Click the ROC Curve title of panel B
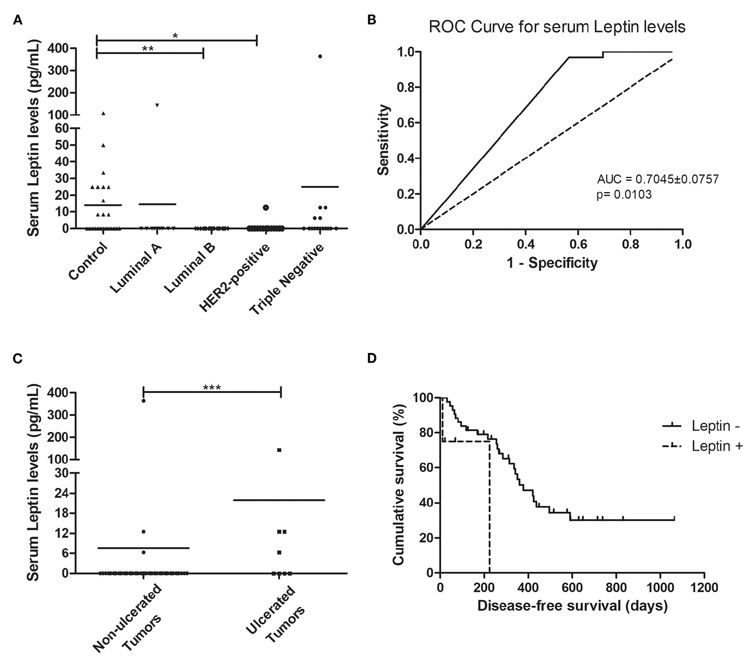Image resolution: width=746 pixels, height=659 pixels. [x=557, y=27]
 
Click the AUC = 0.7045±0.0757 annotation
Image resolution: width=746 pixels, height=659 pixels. [x=658, y=179]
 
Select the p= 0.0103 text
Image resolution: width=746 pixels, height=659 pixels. [x=624, y=195]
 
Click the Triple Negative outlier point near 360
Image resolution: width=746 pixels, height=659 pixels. [x=320, y=56]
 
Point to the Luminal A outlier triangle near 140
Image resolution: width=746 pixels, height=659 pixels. [x=157, y=105]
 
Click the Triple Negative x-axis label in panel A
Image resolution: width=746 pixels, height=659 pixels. [x=287, y=279]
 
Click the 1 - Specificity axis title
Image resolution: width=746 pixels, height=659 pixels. [x=552, y=263]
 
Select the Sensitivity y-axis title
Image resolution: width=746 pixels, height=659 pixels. [x=383, y=140]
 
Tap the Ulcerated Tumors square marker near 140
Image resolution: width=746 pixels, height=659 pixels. [x=279, y=450]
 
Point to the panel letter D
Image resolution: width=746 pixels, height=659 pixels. [x=372, y=359]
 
